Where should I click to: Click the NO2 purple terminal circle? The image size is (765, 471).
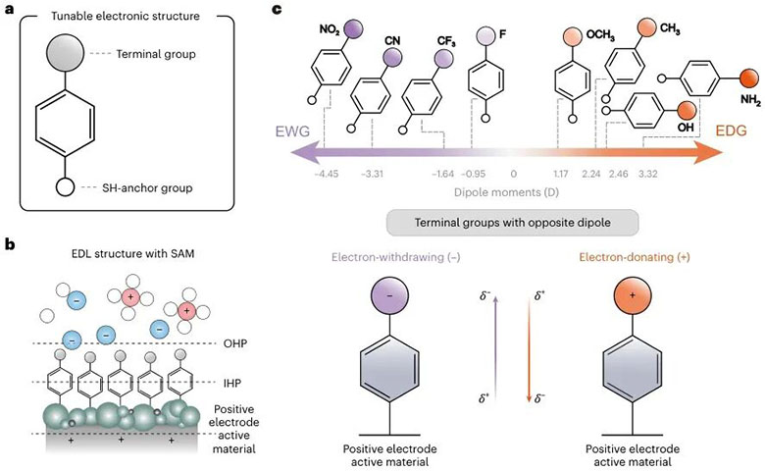click(x=353, y=29)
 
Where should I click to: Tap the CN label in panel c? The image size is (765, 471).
click(x=392, y=40)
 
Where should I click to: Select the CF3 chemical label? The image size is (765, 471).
click(x=446, y=42)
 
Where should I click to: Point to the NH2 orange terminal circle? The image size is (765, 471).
click(x=749, y=78)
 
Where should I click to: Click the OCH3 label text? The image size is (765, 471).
click(x=600, y=36)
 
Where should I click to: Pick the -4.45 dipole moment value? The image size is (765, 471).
click(x=327, y=174)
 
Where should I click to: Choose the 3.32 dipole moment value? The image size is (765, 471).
click(x=648, y=174)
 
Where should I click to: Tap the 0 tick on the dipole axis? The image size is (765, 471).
click(x=513, y=174)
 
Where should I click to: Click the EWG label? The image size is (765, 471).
click(x=292, y=131)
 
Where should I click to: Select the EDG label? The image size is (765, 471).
click(x=731, y=131)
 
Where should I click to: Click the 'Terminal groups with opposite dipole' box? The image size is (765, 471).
click(x=512, y=223)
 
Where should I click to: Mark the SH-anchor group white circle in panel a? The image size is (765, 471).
click(x=65, y=187)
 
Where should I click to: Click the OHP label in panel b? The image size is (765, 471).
click(x=234, y=343)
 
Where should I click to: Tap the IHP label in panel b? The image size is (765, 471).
click(x=232, y=383)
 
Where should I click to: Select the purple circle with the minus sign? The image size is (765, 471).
click(x=389, y=295)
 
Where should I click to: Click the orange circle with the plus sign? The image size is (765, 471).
click(x=633, y=295)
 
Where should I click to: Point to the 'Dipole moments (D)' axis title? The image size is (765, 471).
click(x=506, y=191)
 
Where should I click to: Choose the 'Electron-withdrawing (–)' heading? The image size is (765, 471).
click(x=395, y=257)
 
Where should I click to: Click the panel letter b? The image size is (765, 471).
click(x=10, y=244)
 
